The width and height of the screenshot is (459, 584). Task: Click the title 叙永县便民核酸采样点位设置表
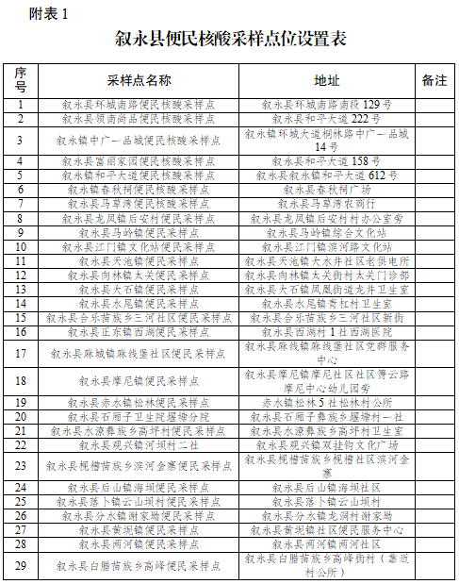(x=230, y=40)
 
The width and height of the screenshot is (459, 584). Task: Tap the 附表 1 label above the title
(x=44, y=12)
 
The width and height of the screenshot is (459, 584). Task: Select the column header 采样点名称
(x=139, y=80)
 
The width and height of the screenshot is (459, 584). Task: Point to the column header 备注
(x=434, y=80)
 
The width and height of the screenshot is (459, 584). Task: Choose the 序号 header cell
(x=21, y=80)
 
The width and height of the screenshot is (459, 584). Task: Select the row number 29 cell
(x=21, y=565)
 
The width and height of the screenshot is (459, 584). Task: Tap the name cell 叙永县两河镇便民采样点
(x=139, y=544)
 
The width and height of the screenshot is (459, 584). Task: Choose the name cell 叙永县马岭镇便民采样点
(x=139, y=232)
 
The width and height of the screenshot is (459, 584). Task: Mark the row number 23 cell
(x=21, y=465)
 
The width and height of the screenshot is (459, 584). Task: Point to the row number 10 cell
(x=21, y=246)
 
